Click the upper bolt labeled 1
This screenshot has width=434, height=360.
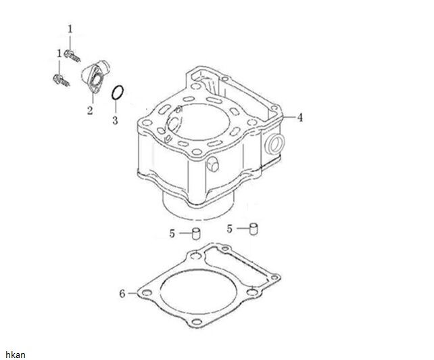click(72, 55)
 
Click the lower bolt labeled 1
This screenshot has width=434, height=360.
click(62, 80)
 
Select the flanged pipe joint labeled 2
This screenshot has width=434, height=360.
click(95, 76)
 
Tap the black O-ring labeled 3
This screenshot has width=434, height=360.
click(118, 93)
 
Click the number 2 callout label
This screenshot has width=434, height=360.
click(90, 110)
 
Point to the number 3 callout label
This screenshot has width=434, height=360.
click(115, 120)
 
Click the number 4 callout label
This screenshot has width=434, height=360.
click(300, 118)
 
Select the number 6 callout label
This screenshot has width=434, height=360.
click(122, 294)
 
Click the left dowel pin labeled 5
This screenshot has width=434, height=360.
click(196, 233)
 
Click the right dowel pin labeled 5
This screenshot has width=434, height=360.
click(254, 229)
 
